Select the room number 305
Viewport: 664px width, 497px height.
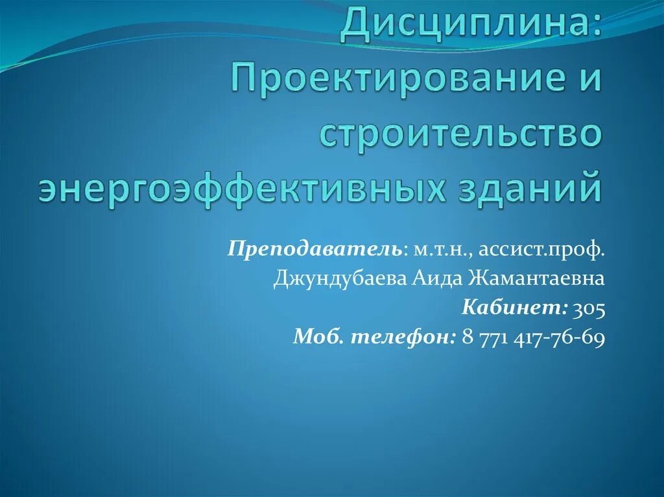click(x=589, y=308)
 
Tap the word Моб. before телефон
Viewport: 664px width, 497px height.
click(x=320, y=337)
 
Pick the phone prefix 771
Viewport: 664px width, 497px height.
click(x=497, y=337)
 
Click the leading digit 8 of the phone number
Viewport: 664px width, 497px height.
click(x=468, y=337)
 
